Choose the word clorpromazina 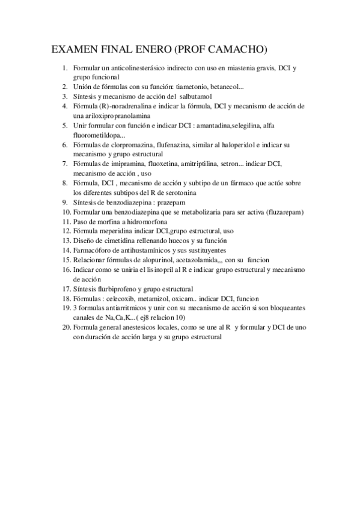tap(130, 145)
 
